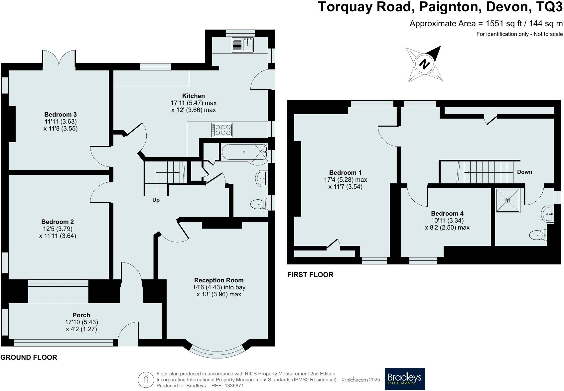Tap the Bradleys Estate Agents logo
coord(404,378)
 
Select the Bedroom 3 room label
coord(61,115)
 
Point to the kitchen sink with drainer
coord(243,45)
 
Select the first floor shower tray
coord(507,200)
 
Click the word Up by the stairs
coord(156,200)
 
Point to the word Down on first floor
coord(524,172)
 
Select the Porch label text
coord(81,315)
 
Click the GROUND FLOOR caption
coord(29,357)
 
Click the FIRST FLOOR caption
coord(310,275)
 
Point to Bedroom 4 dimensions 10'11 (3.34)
coord(447,221)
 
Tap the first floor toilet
coord(537,235)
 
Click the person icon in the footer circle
coord(146,380)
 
